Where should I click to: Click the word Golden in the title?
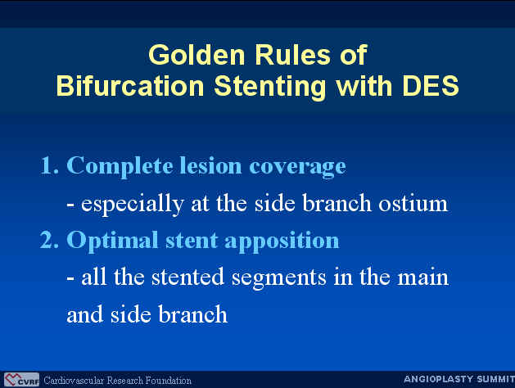[197, 55]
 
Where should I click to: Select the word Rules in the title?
[292, 55]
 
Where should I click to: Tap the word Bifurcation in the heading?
[130, 86]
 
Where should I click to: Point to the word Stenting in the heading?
[270, 87]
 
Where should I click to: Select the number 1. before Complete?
[50, 165]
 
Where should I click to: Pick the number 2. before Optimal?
[50, 240]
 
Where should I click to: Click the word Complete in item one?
[120, 167]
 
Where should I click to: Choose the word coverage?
[297, 168]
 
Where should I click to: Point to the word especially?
[132, 205]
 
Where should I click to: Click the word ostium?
[413, 203]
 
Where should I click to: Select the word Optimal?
[112, 241]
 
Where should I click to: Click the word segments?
[279, 278]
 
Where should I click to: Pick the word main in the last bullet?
[423, 277]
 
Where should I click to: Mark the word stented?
[187, 277]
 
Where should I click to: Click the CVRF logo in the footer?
[21, 380]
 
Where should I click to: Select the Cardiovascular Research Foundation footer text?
[117, 381]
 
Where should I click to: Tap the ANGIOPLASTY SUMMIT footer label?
[459, 379]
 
